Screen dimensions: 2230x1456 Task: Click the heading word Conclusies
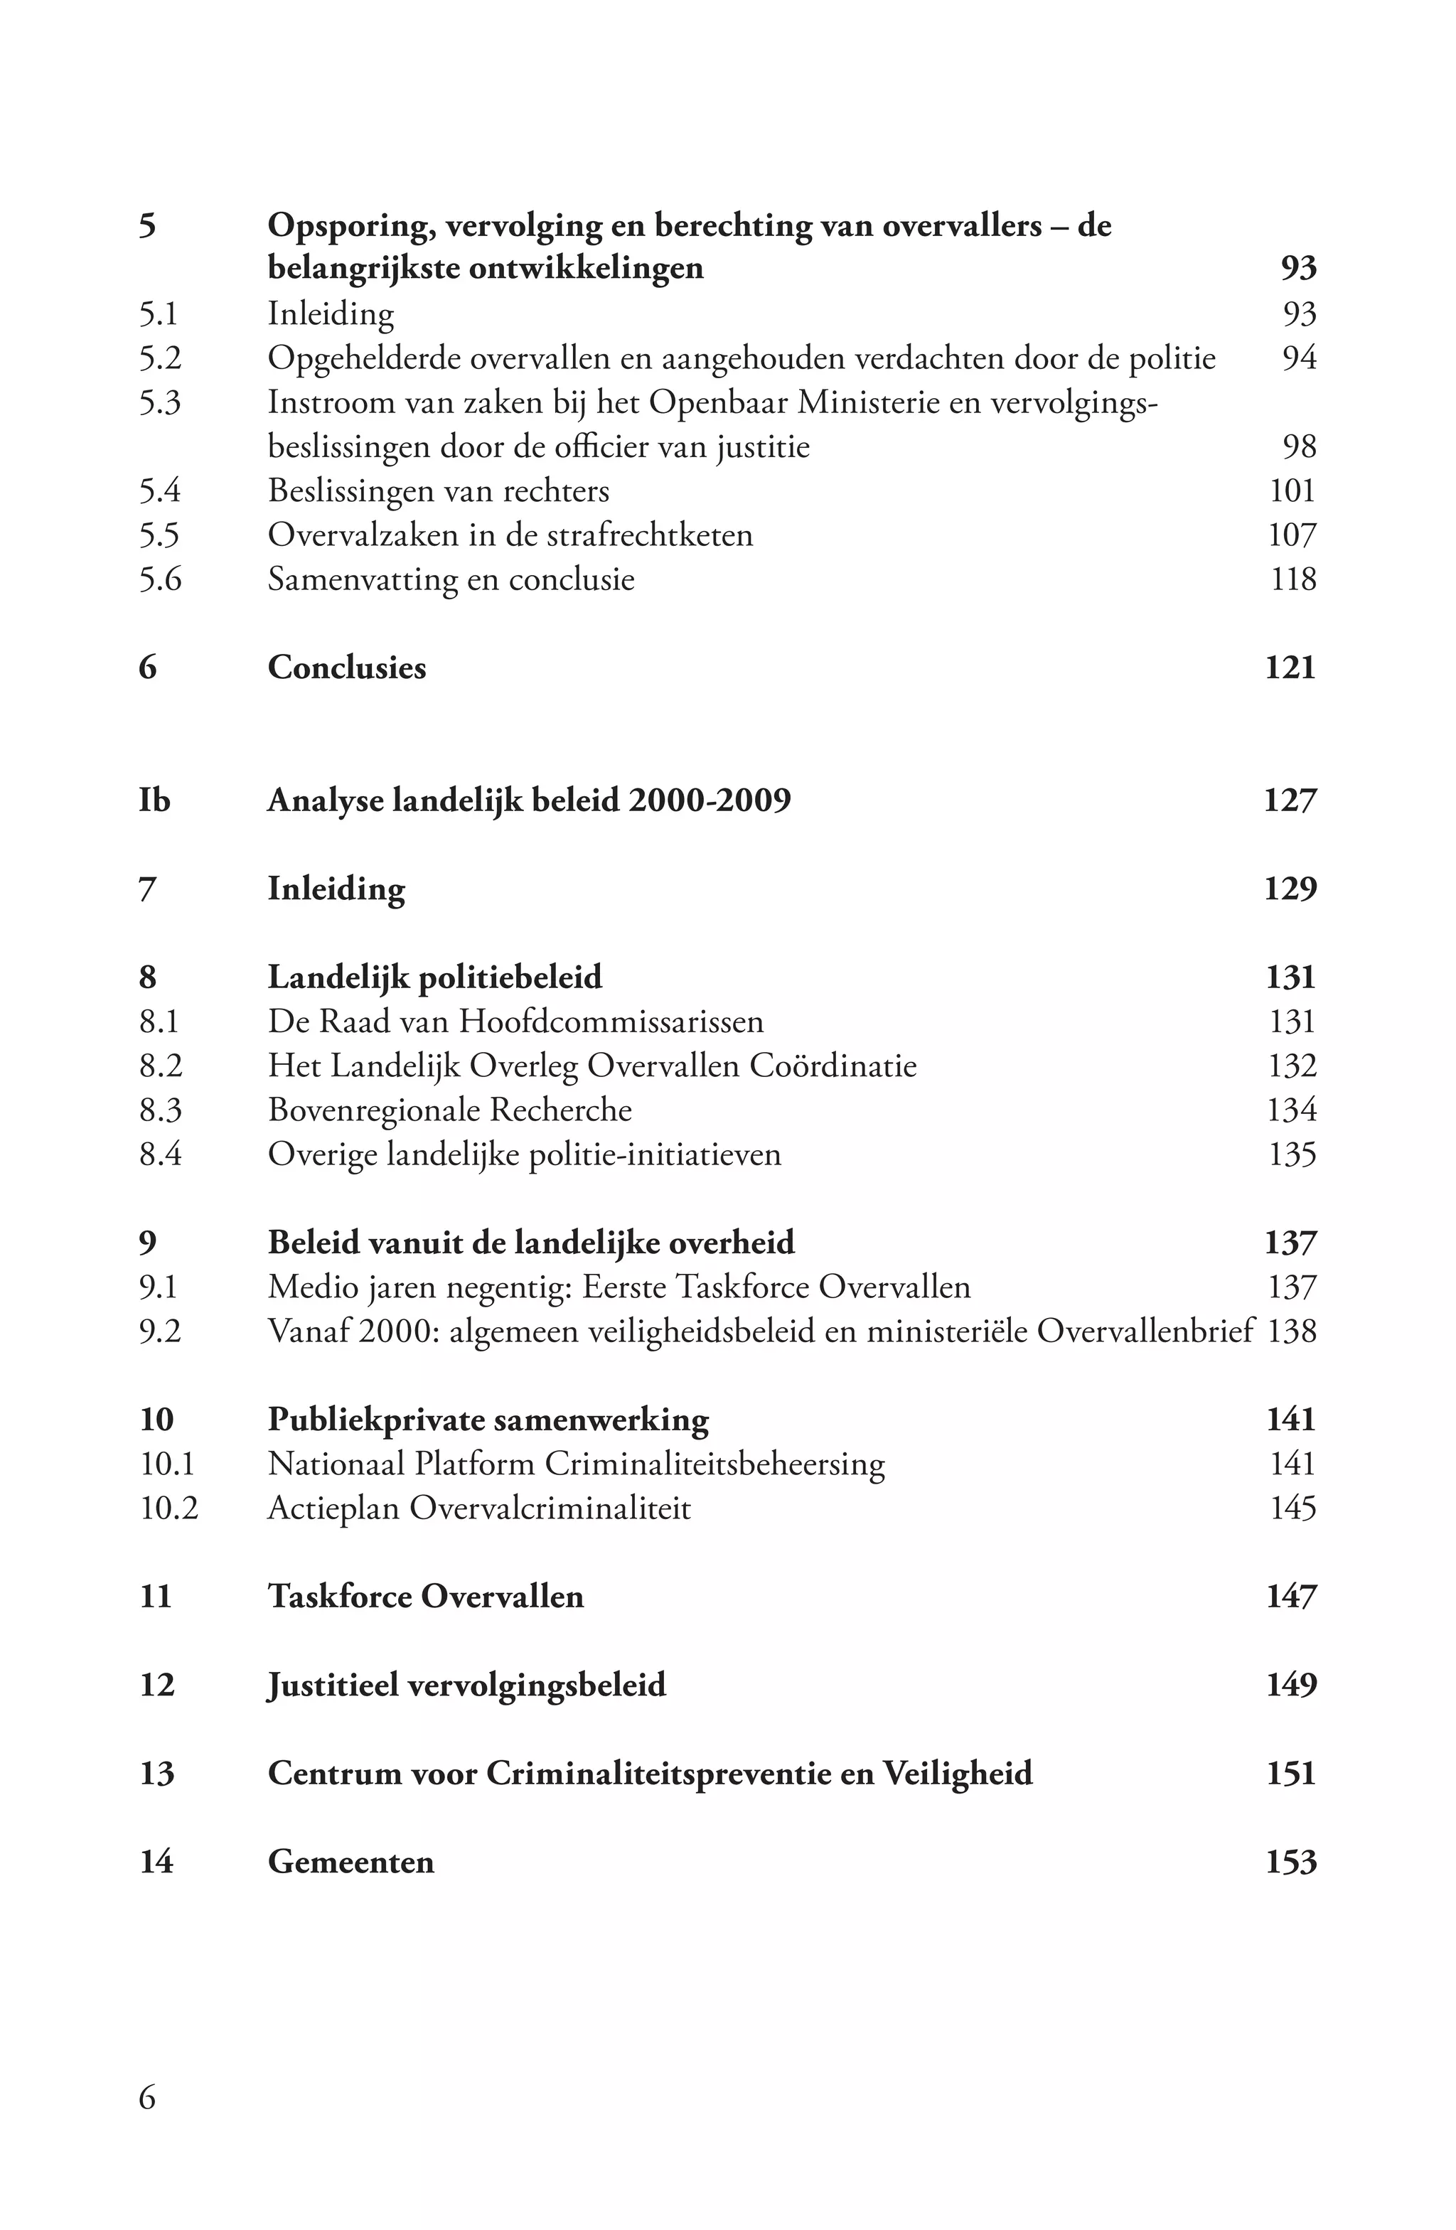coord(347,668)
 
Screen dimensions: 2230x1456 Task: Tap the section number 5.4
coord(159,491)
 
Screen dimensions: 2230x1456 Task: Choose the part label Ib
coord(154,801)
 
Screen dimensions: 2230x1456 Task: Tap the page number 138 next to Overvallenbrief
coord(1291,1331)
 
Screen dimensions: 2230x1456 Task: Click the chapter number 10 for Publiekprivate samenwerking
coord(156,1420)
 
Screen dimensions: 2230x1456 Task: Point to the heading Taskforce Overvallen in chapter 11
coord(425,1597)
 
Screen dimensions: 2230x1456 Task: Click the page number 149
coord(1290,1685)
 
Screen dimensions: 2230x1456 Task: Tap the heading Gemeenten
coord(350,1862)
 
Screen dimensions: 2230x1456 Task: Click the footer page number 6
coord(147,2097)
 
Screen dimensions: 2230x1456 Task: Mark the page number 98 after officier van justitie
coord(1299,447)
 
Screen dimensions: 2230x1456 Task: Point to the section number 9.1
coord(159,1287)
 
